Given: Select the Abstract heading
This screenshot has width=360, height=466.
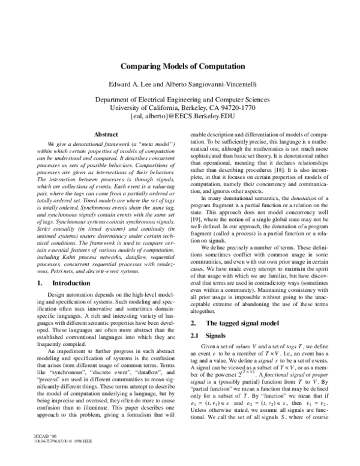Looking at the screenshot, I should pyautogui.click(x=97, y=136).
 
